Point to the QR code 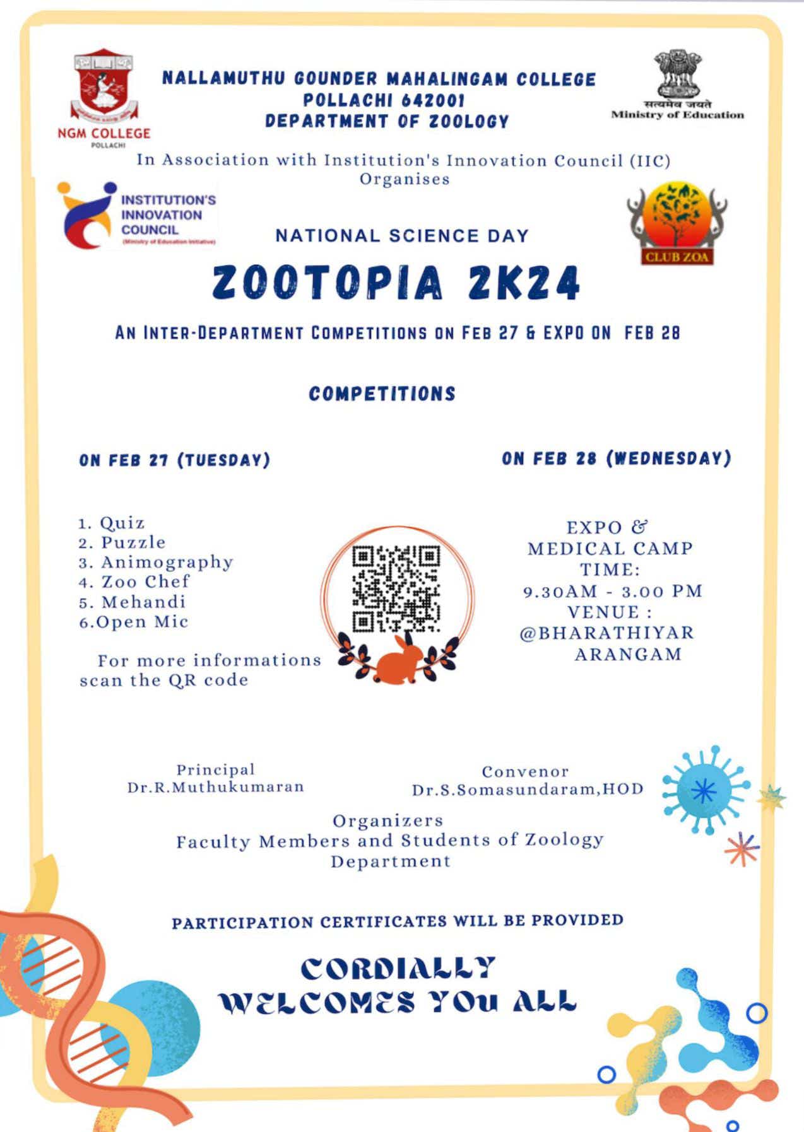pos(396,589)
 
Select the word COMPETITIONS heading pos(382,394)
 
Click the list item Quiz pos(122,523)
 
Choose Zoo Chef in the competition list pos(145,581)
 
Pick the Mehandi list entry pos(144,602)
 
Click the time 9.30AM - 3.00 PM pos(613,592)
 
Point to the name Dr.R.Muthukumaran pos(216,787)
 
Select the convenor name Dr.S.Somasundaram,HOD pos(528,790)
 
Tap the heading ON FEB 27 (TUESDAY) pos(175,460)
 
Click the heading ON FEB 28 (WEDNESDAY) pos(617,458)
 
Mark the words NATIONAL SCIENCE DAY pos(402,236)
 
